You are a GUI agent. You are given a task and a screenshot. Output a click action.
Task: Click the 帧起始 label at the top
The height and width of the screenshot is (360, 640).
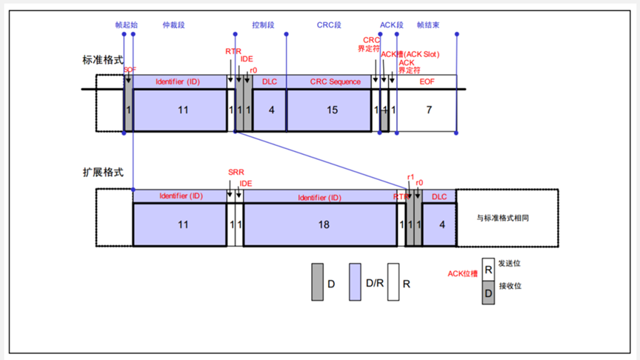pos(127,24)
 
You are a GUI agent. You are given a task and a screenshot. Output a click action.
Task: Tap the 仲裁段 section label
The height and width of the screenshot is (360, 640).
pos(173,24)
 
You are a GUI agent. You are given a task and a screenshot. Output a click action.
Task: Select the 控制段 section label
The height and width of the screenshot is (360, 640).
pos(263,24)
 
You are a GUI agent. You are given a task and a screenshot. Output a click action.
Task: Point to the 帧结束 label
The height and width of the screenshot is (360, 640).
pos(429,24)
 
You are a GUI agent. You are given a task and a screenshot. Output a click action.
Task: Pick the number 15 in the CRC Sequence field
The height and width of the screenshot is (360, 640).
pos(332,110)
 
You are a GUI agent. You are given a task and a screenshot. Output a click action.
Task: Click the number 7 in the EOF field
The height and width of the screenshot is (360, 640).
pos(428,110)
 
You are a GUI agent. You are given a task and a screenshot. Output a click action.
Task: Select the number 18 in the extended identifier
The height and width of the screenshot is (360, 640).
pos(323,224)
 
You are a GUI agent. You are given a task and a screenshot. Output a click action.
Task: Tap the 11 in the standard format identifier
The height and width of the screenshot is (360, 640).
pos(183,110)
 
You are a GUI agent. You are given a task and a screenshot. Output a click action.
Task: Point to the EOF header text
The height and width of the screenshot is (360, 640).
pos(428,81)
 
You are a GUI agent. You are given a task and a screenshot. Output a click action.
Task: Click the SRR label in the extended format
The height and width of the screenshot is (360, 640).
pos(235,172)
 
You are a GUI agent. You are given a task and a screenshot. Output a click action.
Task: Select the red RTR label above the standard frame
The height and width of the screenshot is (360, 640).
pos(233,51)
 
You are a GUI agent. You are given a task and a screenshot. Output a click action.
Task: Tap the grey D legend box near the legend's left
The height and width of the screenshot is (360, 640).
pos(318,282)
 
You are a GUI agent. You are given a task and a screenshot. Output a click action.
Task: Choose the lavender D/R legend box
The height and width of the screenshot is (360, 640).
pos(355,282)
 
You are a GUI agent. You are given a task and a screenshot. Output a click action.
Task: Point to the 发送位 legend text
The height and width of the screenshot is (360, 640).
pos(510,263)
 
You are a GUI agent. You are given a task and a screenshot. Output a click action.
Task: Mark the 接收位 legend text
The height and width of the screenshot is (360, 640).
pos(510,286)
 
